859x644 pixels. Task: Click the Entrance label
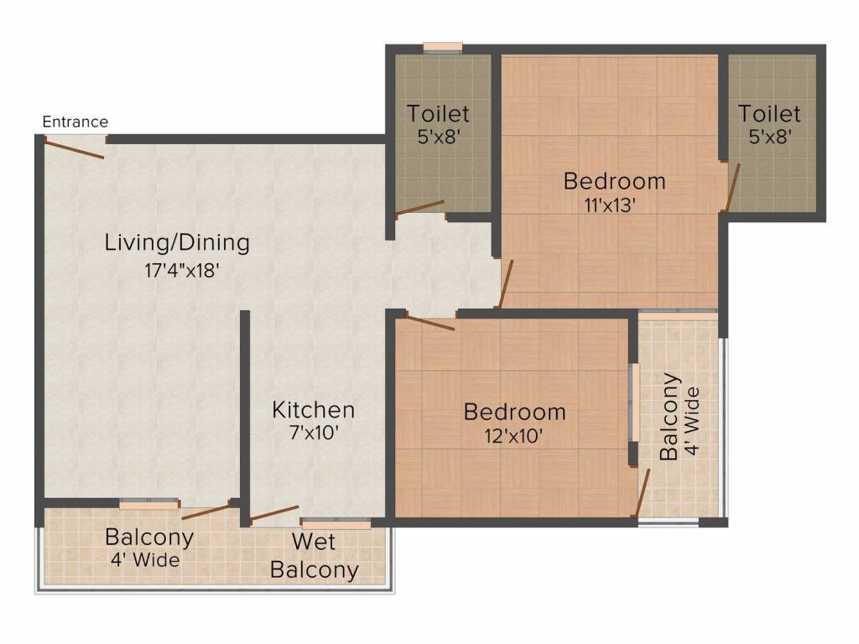[x=75, y=122]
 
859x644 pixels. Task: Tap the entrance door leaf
[x=74, y=149]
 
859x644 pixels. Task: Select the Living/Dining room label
[x=177, y=242]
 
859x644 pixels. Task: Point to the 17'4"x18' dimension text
[x=182, y=270]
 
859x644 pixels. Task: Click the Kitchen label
[x=314, y=409]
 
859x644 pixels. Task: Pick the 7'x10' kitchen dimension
[x=314, y=434]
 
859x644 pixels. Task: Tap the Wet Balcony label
[x=315, y=556]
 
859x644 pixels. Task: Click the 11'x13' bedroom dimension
[x=610, y=205]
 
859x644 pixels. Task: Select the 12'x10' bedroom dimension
[x=513, y=436]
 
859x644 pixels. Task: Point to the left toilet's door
[x=419, y=208]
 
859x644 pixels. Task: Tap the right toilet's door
[x=731, y=187]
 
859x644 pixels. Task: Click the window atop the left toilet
[x=443, y=48]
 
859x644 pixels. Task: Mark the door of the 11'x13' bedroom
[x=505, y=283]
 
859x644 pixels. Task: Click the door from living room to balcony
[x=206, y=511]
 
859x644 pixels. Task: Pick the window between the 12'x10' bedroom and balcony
[x=636, y=402]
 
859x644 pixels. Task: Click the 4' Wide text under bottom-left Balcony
[x=145, y=559]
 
